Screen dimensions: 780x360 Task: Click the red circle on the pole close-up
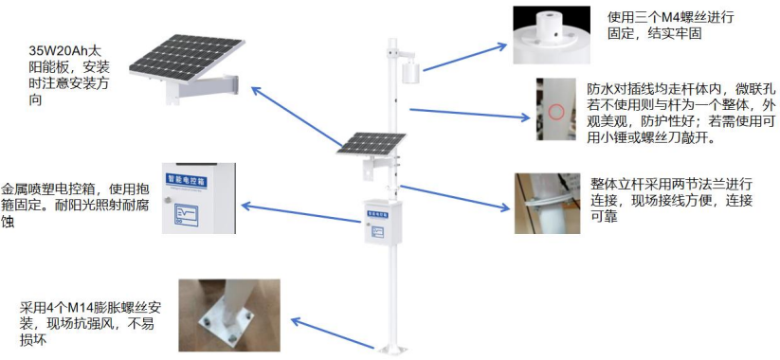[x=556, y=111]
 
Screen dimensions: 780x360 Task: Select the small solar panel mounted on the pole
[x=371, y=144]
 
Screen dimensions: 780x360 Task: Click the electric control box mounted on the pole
[x=383, y=222]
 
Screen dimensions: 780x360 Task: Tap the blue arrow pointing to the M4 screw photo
[x=464, y=57]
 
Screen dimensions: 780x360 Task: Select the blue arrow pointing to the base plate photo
[x=333, y=333]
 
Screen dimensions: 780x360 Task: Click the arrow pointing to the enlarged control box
[x=300, y=213]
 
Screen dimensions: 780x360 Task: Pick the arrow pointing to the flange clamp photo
[x=455, y=198]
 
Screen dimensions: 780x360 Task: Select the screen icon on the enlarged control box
[x=185, y=213]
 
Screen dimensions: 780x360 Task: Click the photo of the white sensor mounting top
[x=552, y=35]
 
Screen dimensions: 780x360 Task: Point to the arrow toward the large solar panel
[x=297, y=117]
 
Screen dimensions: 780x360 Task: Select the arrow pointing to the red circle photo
[x=469, y=114]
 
